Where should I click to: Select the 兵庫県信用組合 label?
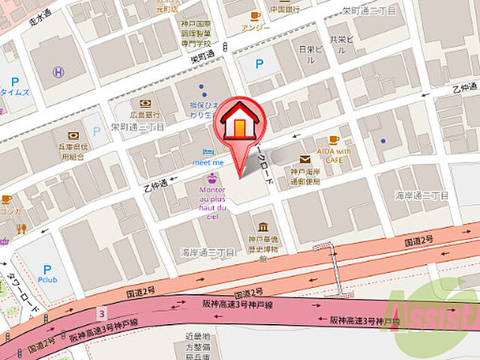73,151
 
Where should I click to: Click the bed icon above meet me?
208,151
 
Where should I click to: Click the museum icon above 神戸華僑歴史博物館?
263,227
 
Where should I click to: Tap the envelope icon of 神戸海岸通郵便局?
304,159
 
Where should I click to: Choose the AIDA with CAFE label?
334,154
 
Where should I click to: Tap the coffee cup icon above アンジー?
255,15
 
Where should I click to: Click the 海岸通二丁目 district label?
421,195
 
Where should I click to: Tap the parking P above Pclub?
47,269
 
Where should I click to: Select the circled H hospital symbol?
58,72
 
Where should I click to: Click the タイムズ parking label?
15,92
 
